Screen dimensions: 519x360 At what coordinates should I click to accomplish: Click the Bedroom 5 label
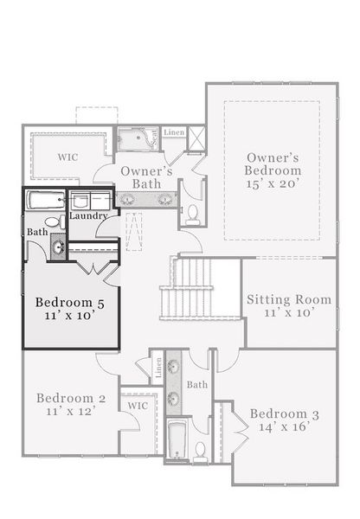(69, 303)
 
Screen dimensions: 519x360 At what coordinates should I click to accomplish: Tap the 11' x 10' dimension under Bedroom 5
(69, 317)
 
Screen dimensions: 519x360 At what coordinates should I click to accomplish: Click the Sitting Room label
(289, 300)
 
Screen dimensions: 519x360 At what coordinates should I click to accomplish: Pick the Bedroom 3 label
(284, 414)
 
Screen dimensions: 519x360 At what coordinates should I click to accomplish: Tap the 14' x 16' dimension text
(284, 428)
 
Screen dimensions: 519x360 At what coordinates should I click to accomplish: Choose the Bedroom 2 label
(71, 398)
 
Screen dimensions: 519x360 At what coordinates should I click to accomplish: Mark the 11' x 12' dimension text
(71, 412)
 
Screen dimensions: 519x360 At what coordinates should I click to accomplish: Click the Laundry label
(89, 215)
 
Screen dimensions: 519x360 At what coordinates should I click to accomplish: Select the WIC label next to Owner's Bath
(68, 158)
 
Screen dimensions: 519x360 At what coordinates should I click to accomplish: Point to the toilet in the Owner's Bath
(193, 212)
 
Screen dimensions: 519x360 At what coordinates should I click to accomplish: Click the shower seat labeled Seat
(153, 137)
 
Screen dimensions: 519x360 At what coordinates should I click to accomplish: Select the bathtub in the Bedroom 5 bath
(44, 201)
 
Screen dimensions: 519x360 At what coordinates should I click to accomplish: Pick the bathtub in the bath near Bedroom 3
(177, 439)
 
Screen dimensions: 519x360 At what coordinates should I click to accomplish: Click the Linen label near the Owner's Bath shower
(173, 132)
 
